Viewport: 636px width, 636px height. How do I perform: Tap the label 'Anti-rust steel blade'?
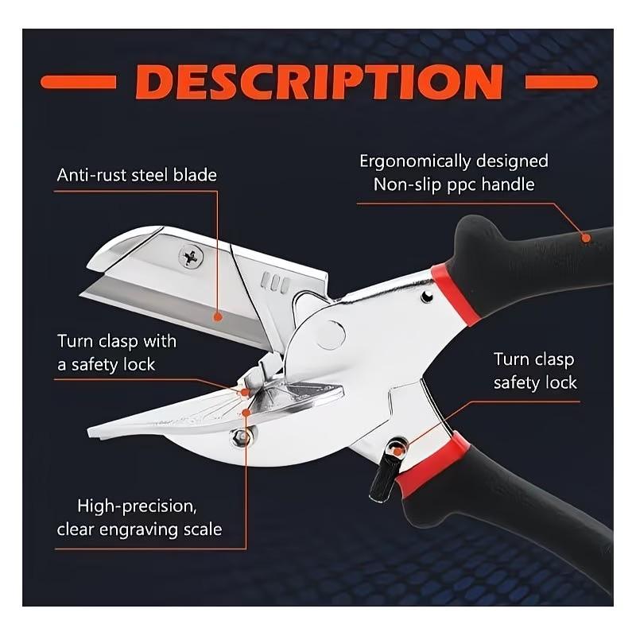click(x=137, y=175)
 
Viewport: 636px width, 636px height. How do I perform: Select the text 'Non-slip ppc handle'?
click(x=454, y=185)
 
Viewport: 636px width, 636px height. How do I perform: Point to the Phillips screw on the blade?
click(x=191, y=256)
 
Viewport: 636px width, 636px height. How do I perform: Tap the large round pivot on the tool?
click(x=331, y=333)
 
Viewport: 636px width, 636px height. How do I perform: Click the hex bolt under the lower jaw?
click(x=238, y=436)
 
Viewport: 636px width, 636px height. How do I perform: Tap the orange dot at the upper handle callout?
click(x=586, y=236)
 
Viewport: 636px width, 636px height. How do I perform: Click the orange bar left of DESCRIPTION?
click(x=78, y=81)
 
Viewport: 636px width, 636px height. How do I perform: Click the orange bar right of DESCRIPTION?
click(x=561, y=81)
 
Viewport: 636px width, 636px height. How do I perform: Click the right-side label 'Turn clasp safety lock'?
click(x=534, y=371)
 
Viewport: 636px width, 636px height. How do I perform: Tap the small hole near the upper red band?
click(x=427, y=297)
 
